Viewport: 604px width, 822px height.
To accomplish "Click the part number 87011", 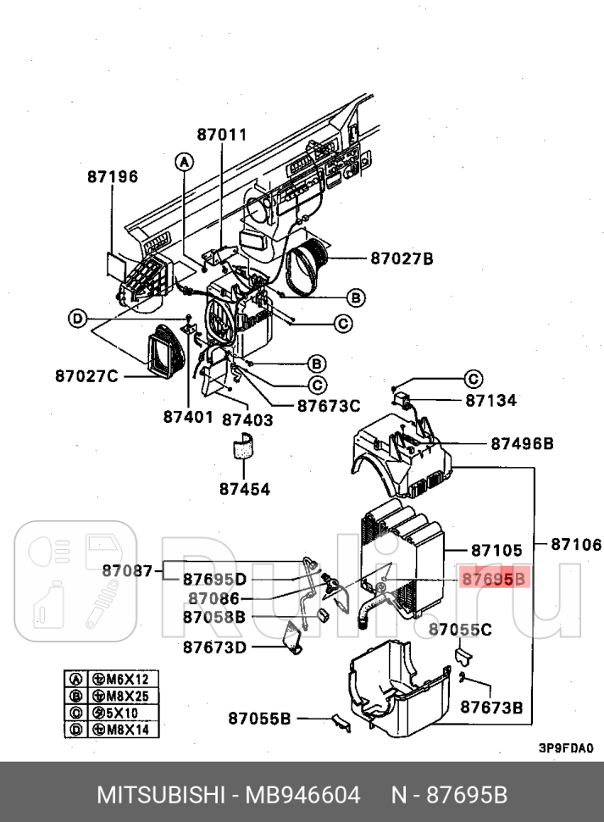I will point(221,134).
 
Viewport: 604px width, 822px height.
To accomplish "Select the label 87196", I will point(112,176).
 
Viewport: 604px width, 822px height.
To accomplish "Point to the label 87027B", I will point(401,258).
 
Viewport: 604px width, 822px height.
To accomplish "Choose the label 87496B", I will point(522,443).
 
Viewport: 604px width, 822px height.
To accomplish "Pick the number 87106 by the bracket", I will point(576,545).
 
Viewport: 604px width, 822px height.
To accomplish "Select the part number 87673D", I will point(214,647).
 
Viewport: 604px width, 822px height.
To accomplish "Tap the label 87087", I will point(127,570).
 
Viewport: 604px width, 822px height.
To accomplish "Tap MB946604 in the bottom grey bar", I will point(302,796).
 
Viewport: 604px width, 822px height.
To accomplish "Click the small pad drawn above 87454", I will point(244,447).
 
